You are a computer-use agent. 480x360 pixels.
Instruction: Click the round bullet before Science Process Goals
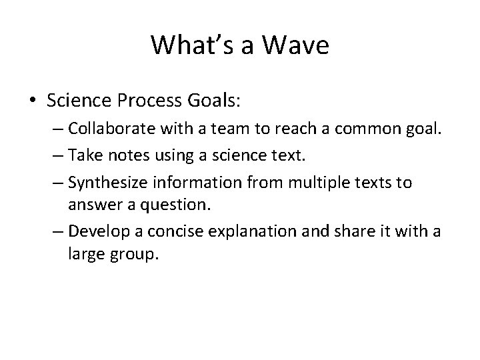pyautogui.click(x=33, y=101)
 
